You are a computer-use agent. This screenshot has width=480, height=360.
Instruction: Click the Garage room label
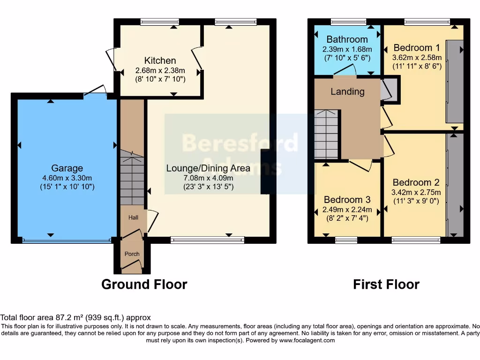click(67, 168)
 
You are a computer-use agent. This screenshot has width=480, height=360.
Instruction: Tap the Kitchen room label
click(160, 60)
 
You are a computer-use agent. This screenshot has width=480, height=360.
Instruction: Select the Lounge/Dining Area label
click(208, 168)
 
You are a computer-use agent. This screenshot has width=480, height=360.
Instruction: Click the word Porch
click(132, 254)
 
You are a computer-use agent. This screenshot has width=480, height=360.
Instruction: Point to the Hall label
click(134, 217)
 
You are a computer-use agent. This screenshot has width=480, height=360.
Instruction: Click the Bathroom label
click(347, 39)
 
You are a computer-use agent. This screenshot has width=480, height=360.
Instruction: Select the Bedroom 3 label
click(347, 199)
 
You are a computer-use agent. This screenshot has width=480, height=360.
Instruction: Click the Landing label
click(347, 91)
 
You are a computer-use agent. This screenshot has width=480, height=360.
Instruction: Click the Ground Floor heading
click(144, 285)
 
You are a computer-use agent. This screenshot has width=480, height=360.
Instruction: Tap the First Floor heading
click(386, 285)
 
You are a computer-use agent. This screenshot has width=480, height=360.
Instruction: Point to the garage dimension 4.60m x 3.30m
click(67, 178)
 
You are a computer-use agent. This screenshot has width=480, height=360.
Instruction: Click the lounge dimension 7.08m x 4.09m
click(208, 178)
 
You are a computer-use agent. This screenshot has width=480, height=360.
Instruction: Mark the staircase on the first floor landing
click(326, 135)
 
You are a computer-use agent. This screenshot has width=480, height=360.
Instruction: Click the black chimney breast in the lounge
click(265, 172)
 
